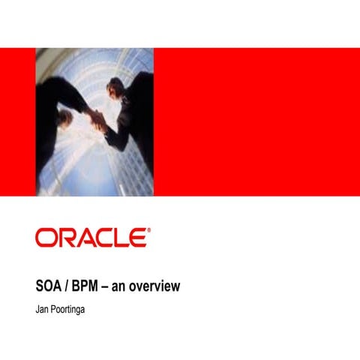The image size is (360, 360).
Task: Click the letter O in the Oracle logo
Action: (46, 238)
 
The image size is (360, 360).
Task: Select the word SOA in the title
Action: (50, 286)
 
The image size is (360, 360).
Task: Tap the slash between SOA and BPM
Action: (70, 286)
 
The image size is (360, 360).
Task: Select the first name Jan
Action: (43, 307)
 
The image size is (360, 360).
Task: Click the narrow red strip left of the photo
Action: (18, 121)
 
